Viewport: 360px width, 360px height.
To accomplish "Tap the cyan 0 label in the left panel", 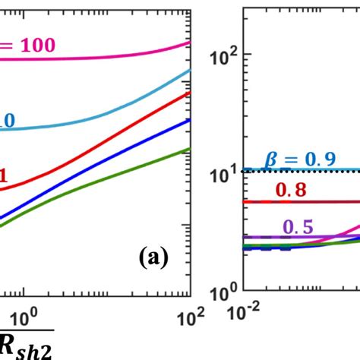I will coord(9,121).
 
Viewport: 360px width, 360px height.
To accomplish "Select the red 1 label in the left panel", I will coord(4,177).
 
